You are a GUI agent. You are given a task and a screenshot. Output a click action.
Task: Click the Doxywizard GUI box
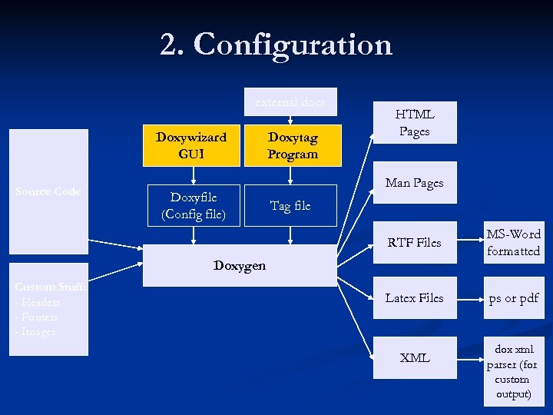[191, 144]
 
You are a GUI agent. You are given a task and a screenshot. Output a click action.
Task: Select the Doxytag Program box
[292, 144]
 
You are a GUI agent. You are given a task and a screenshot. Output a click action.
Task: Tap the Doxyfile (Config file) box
[194, 205]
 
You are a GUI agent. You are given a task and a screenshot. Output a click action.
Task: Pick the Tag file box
[290, 205]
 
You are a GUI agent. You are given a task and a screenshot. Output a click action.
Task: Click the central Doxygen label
[240, 266]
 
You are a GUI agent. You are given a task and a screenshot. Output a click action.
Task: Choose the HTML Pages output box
[415, 123]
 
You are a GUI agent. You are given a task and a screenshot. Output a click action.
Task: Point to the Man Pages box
[415, 183]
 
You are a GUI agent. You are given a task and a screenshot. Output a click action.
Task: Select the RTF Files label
[415, 243]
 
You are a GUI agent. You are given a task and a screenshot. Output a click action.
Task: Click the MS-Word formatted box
[513, 242]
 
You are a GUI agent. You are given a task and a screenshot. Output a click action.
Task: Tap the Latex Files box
[415, 297]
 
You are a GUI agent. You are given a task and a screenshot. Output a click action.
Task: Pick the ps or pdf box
[513, 297]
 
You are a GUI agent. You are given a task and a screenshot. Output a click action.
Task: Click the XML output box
[415, 357]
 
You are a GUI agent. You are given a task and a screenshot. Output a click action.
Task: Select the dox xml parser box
[513, 372]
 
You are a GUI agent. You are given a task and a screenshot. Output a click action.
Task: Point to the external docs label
[290, 101]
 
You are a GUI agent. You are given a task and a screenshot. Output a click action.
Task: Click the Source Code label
[48, 191]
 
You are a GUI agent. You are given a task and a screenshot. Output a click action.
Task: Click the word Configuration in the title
[293, 45]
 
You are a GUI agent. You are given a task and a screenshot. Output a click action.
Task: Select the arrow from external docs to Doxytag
[290, 117]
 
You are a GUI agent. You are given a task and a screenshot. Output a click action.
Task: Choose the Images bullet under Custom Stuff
[37, 331]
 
